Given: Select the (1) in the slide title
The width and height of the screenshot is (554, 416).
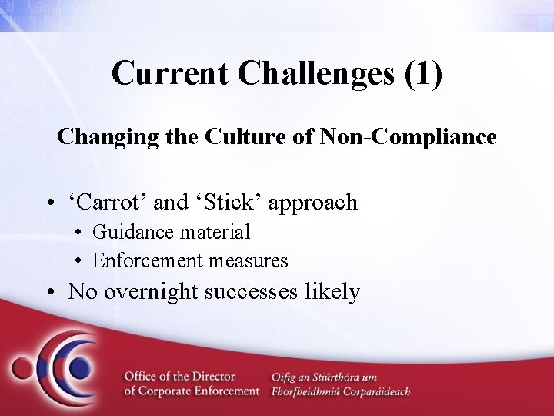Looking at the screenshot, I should [x=422, y=74].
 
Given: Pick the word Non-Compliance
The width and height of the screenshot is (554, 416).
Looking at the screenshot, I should [x=408, y=137].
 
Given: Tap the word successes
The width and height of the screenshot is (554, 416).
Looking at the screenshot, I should [x=259, y=292].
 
